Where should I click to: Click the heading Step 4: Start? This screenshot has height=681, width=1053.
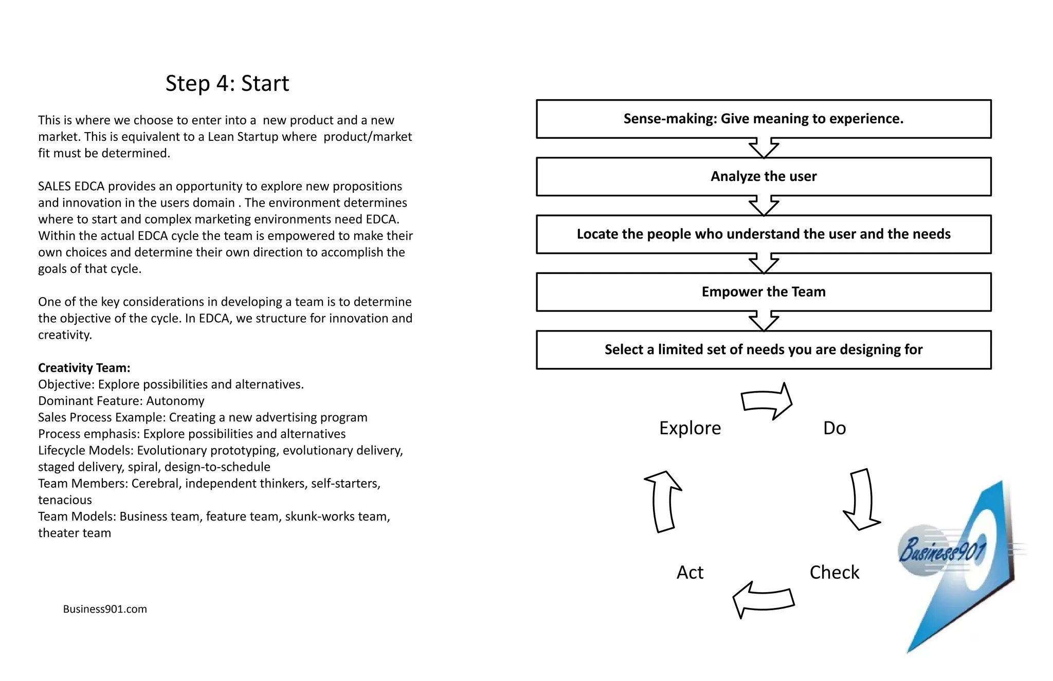pos(227,83)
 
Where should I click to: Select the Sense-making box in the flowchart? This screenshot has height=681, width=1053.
pos(763,119)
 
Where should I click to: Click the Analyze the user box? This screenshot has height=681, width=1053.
pos(763,176)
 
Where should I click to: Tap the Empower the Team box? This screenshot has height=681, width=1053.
pos(763,292)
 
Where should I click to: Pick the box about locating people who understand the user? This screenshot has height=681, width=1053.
pos(763,234)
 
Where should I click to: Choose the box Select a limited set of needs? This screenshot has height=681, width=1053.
pos(763,349)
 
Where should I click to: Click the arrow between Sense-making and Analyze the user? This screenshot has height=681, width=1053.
pos(764,148)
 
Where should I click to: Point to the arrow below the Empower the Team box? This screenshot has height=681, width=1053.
pos(764,321)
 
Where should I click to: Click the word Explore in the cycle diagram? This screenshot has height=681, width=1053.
pos(690,428)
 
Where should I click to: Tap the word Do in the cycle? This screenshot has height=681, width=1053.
pos(834,428)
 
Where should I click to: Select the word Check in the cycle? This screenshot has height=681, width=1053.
pos(834,573)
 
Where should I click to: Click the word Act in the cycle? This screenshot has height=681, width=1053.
pos(689,573)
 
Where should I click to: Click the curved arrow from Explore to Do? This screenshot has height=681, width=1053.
pos(767,401)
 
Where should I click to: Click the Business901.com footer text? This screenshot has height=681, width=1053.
pos(105,609)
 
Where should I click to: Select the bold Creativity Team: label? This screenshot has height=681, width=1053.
pos(84,368)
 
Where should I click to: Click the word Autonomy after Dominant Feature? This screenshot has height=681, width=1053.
pos(175,401)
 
